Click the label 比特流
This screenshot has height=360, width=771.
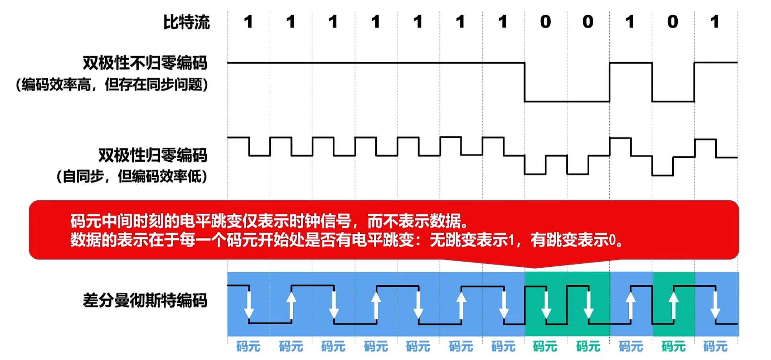click(186, 22)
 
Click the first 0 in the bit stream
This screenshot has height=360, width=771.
click(545, 22)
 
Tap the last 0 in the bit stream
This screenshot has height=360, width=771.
click(673, 22)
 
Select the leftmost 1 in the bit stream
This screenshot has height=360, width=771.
click(248, 22)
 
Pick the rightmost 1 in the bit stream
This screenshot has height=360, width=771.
click(715, 22)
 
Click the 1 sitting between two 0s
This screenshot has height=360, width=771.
click(630, 22)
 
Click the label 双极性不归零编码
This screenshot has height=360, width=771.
click(145, 63)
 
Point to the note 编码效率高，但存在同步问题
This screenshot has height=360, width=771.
click(112, 84)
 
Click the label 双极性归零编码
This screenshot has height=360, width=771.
click(153, 155)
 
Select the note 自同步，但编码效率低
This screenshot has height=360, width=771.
click(132, 176)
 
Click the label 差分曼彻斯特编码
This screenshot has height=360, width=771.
click(145, 300)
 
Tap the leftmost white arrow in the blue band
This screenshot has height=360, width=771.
click(249, 305)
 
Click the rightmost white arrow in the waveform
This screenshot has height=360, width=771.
click(715, 305)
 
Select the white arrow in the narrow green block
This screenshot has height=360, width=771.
click(673, 305)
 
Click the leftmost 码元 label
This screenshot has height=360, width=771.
click(248, 346)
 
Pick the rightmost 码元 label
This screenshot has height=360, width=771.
click(715, 346)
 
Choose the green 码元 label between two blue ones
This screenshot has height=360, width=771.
click(673, 346)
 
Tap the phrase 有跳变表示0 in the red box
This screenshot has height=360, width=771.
click(574, 240)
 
